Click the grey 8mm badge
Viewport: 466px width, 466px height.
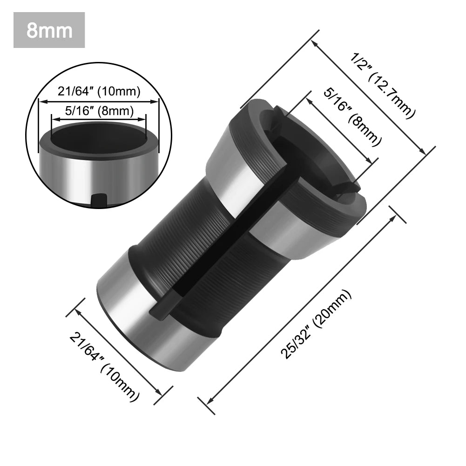coord(49,30)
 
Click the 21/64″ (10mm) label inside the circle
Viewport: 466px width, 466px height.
coord(99,91)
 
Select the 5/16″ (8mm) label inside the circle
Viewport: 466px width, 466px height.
coord(99,111)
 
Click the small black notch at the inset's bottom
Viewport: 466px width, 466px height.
coord(99,200)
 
